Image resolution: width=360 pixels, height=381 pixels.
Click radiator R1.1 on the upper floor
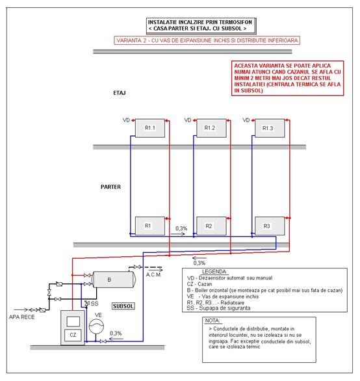[150, 128]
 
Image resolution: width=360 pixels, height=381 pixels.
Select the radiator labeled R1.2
[211, 128]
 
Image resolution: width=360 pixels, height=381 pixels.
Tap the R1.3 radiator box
[270, 128]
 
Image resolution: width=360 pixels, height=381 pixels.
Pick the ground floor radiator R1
[150, 226]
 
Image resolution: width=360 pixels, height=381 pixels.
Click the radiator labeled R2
[211, 226]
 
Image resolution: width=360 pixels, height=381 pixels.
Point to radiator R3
[270, 226]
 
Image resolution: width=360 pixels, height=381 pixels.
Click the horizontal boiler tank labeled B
[114, 280]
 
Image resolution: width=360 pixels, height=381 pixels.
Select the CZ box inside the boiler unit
[73, 335]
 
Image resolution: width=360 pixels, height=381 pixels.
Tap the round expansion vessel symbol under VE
[96, 326]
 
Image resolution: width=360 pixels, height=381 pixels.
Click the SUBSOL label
[123, 306]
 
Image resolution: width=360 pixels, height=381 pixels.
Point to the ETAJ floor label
[120, 93]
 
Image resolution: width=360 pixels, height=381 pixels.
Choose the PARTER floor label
[110, 187]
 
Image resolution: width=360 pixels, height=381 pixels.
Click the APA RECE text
[22, 317]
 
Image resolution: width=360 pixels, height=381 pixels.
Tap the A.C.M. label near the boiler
[153, 275]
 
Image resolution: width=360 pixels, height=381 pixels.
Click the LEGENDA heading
[214, 271]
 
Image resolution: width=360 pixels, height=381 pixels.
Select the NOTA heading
[212, 321]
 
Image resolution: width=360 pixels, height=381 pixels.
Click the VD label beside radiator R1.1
[126, 120]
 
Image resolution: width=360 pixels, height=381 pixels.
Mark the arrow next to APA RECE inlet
[21, 309]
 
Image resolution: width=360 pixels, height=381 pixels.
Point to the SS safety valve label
[94, 304]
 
